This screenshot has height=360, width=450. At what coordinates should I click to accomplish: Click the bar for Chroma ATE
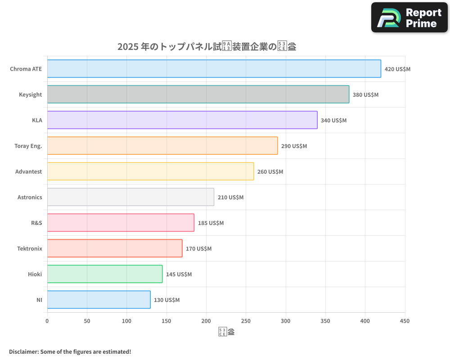click(214, 69)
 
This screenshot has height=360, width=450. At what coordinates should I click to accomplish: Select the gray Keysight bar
click(198, 94)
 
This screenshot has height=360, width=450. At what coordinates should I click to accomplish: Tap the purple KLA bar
click(182, 120)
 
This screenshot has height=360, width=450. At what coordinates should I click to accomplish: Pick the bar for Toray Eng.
click(162, 146)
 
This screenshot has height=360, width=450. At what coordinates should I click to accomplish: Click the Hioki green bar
click(105, 274)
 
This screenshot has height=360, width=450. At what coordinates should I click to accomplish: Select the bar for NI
click(99, 300)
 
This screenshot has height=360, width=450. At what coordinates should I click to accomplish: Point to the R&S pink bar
click(121, 223)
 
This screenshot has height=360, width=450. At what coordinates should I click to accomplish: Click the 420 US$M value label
click(397, 69)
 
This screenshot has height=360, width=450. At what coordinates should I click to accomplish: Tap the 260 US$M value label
click(270, 172)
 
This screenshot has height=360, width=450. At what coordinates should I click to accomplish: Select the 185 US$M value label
click(211, 223)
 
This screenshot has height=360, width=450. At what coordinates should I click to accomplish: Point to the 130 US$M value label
click(166, 300)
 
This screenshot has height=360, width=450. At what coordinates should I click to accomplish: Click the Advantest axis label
click(29, 172)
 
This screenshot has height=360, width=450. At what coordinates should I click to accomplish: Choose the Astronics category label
click(30, 198)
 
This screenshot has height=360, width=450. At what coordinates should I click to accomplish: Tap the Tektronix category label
click(30, 249)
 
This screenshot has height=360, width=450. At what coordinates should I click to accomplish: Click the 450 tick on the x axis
click(405, 321)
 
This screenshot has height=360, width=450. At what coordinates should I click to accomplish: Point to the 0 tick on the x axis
click(47, 321)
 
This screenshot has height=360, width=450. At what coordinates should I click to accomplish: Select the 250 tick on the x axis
click(246, 321)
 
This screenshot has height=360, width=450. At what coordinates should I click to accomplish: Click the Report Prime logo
click(409, 18)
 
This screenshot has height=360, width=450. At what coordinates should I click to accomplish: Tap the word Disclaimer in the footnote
click(23, 352)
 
